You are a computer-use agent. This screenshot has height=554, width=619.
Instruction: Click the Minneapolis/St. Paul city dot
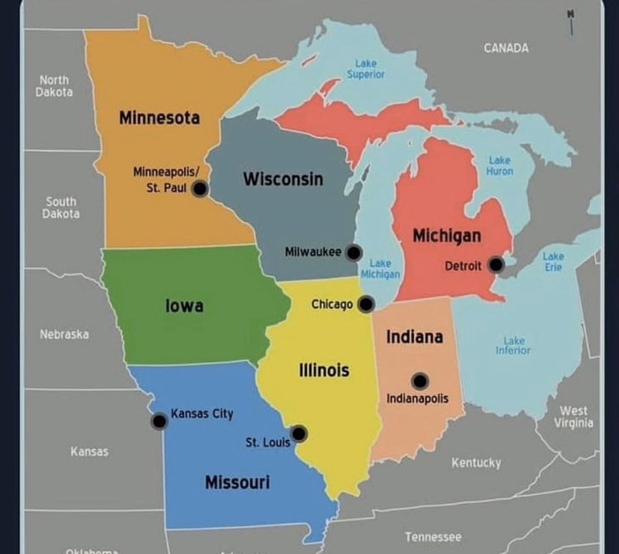pyautogui.click(x=200, y=189)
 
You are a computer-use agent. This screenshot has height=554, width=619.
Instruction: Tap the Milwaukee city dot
pyautogui.click(x=354, y=253)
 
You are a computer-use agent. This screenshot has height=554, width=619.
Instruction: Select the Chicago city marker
pyautogui.click(x=366, y=304)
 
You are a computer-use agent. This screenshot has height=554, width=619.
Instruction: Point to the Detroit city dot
pyautogui.click(x=496, y=265)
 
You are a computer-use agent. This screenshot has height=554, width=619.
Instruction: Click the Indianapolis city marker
pyautogui.click(x=420, y=381)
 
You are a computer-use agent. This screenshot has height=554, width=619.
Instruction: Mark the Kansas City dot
pyautogui.click(x=159, y=421)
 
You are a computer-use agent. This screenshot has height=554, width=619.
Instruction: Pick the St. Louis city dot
pyautogui.click(x=299, y=434)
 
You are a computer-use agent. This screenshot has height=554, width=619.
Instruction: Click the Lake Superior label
pyautogui.click(x=365, y=69)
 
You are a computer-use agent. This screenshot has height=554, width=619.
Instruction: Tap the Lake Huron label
pyautogui.click(x=499, y=166)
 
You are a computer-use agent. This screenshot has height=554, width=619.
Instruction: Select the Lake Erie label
pyautogui.click(x=553, y=262)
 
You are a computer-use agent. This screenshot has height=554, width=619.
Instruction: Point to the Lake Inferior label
pyautogui.click(x=513, y=346)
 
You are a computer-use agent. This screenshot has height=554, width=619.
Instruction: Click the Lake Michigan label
pyautogui.click(x=380, y=269)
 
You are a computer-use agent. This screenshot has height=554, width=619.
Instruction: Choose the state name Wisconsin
pyautogui.click(x=283, y=179)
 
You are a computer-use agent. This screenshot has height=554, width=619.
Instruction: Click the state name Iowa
pyautogui.click(x=184, y=305)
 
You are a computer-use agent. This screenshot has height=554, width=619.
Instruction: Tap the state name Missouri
pyautogui.click(x=237, y=482)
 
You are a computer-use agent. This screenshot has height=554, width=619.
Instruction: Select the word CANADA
pyautogui.click(x=506, y=48)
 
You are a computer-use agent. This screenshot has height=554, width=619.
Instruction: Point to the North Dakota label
pyautogui.click(x=54, y=86)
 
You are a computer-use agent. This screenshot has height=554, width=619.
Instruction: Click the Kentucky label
pyautogui.click(x=476, y=463)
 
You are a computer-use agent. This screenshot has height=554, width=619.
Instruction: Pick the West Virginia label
pyautogui.click(x=573, y=417)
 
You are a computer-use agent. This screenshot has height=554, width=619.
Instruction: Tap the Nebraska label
pyautogui.click(x=64, y=335)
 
